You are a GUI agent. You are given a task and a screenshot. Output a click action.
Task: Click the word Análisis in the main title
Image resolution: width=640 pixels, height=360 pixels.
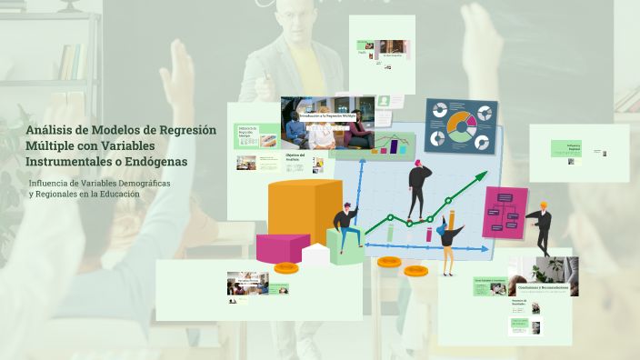(52, 130)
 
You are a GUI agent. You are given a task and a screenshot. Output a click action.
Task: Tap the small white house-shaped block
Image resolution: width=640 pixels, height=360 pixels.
(315, 254)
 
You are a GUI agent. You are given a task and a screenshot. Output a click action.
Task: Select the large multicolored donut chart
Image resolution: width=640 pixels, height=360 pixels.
(461, 125)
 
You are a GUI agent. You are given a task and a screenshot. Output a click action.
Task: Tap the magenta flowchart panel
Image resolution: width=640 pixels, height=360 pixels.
(505, 213)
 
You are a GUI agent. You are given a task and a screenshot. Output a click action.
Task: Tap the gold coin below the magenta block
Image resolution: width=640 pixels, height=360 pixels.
(286, 267)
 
